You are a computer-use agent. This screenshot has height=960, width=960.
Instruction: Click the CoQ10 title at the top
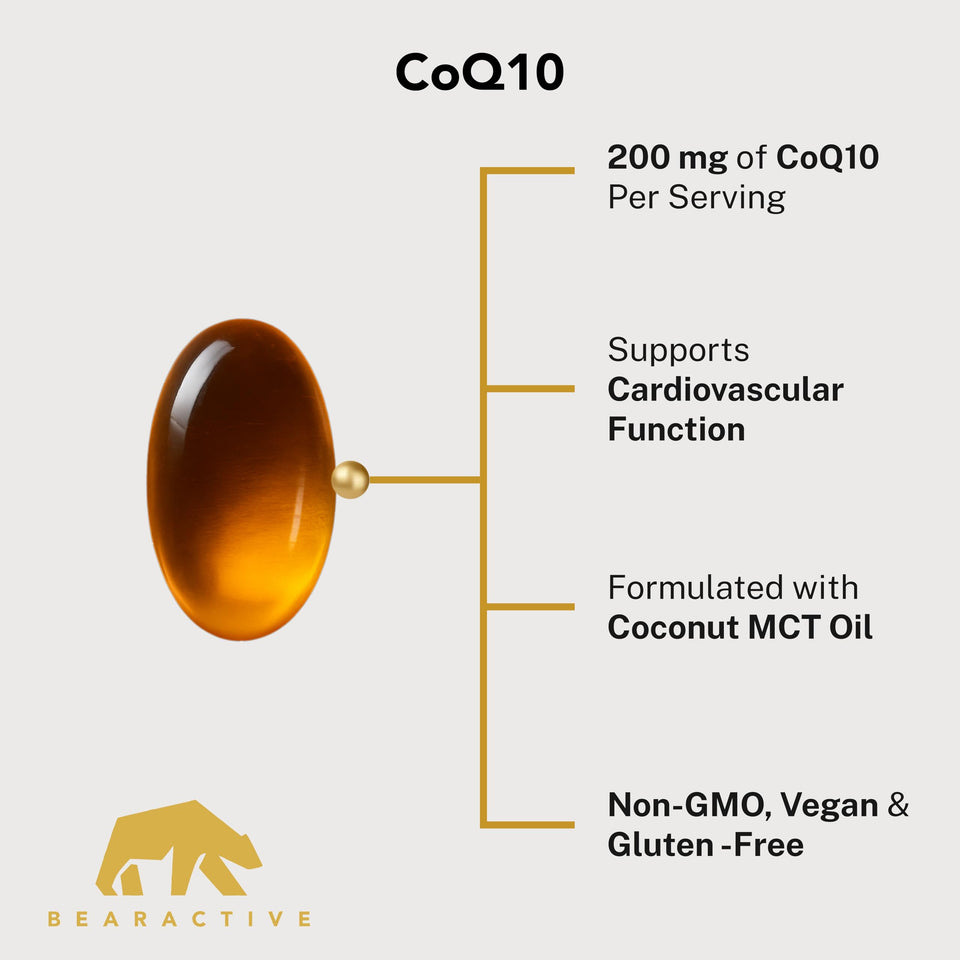[479, 72]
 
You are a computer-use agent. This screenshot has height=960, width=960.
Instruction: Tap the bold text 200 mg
[667, 158]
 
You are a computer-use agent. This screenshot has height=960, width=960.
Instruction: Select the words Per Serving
[696, 198]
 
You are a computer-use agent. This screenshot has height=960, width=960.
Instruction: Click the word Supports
[678, 351]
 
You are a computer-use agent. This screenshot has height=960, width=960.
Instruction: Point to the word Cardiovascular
[726, 390]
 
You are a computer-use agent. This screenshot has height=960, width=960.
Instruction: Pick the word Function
[677, 429]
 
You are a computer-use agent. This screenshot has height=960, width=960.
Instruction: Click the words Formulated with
[733, 588]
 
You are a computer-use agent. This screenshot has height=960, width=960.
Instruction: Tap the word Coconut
[673, 628]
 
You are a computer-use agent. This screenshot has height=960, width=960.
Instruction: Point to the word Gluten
[661, 845]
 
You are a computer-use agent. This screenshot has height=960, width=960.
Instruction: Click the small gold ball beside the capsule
[350, 479]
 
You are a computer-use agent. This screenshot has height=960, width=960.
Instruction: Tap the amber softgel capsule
[241, 479]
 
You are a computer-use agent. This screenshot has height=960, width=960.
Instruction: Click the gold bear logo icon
[179, 848]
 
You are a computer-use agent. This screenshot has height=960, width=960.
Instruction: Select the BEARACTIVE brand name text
[179, 919]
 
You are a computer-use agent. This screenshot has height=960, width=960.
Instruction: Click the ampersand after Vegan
[898, 805]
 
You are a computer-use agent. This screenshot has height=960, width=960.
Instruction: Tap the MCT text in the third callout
[785, 628]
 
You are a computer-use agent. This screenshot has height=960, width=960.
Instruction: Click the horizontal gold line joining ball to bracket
[424, 480]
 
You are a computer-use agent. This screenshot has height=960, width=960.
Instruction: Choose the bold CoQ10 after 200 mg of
[828, 158]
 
